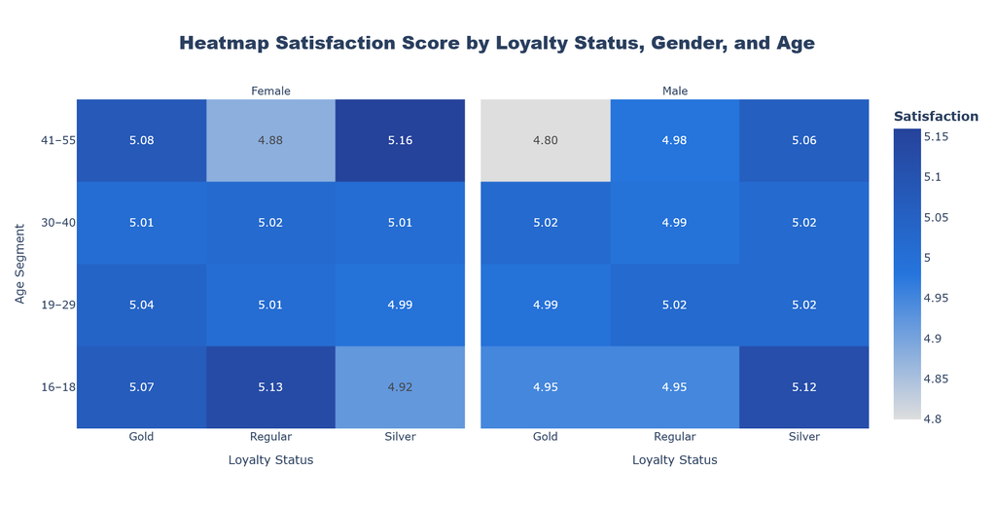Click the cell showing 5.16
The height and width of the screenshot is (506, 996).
coord(400,140)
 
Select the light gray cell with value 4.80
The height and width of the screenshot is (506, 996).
coord(546,140)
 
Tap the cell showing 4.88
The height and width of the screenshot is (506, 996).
coord(270,140)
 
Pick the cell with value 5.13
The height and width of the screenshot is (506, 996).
coord(270,387)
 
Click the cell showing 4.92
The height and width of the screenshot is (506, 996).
coord(400,387)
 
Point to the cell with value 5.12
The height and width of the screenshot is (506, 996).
coord(804,387)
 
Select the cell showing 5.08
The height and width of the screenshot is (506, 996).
coord(142,140)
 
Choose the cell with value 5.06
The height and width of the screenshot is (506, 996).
coord(804,140)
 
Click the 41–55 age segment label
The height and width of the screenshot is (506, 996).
coord(57,140)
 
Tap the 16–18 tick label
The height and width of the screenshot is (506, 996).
coord(57,387)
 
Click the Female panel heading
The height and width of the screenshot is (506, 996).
coord(270,90)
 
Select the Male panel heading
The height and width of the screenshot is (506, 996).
coord(675,90)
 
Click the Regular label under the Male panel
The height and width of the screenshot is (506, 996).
coord(675,437)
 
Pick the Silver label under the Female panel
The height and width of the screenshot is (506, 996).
coord(400,437)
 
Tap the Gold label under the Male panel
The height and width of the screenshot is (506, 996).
coord(546,437)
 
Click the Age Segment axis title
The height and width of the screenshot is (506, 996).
coord(20,264)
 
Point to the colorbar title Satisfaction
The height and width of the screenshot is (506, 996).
coord(936,117)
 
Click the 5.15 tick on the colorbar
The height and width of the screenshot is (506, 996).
coord(937,136)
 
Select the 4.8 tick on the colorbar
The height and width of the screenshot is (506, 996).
coord(933,419)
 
